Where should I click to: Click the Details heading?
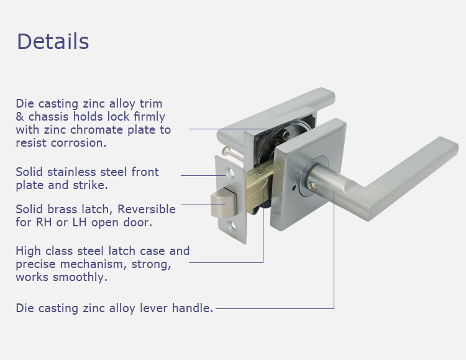tap(53, 42)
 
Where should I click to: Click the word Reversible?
tap(147, 210)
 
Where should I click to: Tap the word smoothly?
tap(80, 277)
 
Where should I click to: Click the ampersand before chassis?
tap(20, 117)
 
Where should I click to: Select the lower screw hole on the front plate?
tap(232, 226)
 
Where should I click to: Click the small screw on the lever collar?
tap(311, 187)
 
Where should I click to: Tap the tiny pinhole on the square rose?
tap(294, 188)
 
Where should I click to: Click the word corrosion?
tap(78, 143)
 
